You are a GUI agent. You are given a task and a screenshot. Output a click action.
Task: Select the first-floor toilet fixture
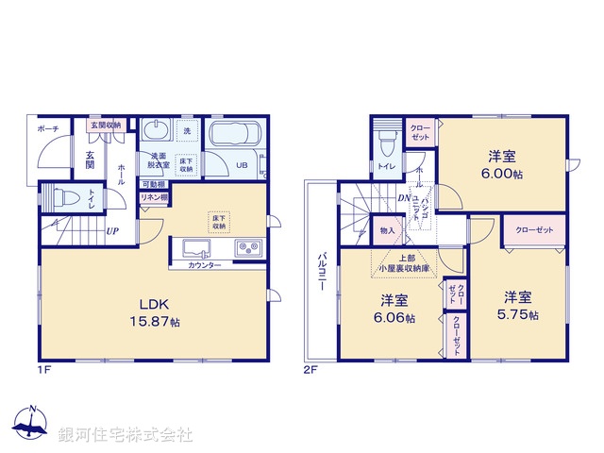pos(63,199)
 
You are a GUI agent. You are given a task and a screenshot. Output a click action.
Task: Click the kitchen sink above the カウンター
pos(194,249)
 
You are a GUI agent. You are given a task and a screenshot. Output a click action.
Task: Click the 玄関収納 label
pos(105,124)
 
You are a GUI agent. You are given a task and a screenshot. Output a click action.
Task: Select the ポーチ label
pos(48,127)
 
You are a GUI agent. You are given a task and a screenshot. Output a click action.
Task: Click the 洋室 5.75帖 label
pos(520,304)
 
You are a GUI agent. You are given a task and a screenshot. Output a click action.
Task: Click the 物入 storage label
pos(387,230)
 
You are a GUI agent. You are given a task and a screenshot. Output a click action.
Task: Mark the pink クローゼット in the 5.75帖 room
pos(533,230)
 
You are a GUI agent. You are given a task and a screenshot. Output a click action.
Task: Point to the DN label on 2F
pos(403,197)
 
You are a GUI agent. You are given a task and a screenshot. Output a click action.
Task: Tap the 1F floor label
pos(44,369)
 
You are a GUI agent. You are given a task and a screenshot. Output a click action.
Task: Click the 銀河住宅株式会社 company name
pos(126,435)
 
